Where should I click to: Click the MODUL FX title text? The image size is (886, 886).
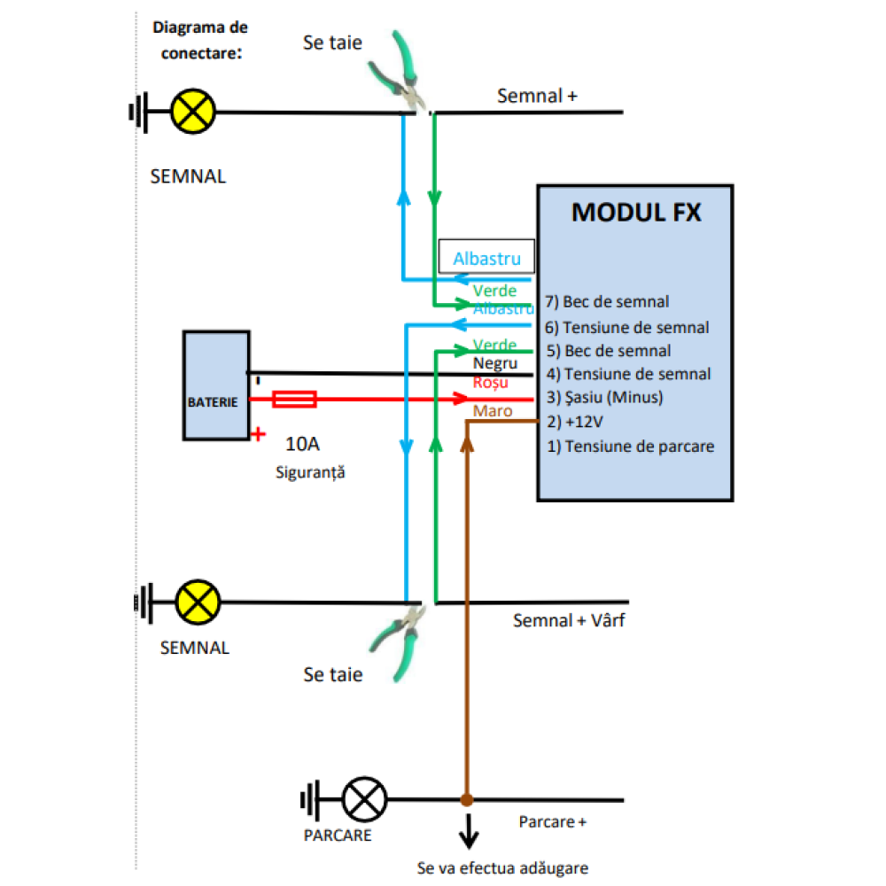tap(635, 213)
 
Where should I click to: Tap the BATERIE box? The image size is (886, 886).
tap(215, 385)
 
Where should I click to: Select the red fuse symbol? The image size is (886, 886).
tap(294, 400)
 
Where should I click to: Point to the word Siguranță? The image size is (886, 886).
tap(309, 472)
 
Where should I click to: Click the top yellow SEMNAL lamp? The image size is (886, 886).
tap(193, 112)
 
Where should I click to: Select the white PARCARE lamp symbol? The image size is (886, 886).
tap(364, 800)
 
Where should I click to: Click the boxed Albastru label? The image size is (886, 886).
tap(486, 258)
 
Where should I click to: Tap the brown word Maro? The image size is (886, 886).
tap(493, 411)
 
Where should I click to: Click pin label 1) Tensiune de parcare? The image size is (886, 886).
tap(630, 446)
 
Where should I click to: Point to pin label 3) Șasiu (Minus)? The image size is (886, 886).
tap(604, 398)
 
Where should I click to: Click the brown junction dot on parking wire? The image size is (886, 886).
tap(467, 800)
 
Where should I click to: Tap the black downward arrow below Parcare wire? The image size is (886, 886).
tap(467, 833)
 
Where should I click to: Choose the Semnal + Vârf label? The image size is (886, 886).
tap(569, 621)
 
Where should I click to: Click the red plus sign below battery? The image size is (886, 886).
tap(259, 434)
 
